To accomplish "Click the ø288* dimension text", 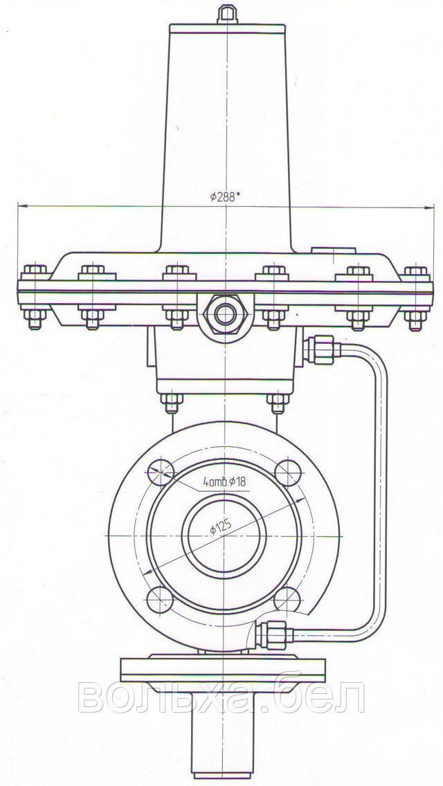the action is (x=225, y=197).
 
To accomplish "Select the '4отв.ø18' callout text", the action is (x=225, y=482).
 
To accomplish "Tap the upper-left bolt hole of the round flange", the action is (x=161, y=472).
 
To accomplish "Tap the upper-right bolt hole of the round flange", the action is (x=289, y=472).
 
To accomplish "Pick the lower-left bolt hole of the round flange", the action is (x=160, y=599).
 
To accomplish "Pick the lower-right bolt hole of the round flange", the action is (x=287, y=599).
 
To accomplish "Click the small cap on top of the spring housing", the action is (x=227, y=14).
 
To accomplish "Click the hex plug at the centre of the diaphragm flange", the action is (x=225, y=314).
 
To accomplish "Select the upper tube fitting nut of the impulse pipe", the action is (x=322, y=350).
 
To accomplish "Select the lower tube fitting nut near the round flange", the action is (x=274, y=634).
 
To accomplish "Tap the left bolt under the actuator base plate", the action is (x=172, y=403).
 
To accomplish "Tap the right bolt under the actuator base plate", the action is (x=278, y=403).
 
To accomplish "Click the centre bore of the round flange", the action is (x=224, y=536).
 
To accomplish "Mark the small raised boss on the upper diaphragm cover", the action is (x=333, y=250).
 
